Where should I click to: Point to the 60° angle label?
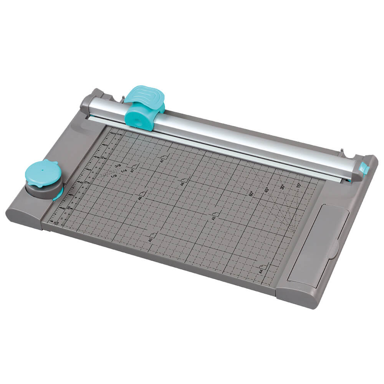tap(252, 193)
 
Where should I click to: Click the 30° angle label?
tap(282, 187)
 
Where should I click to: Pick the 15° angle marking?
tap(298, 185)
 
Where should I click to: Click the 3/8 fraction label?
tap(118, 166)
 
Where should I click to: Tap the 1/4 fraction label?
tap(124, 171)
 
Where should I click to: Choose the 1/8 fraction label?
tap(114, 176)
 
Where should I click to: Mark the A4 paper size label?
tap(260, 271)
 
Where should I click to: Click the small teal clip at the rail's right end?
tap(363, 168)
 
